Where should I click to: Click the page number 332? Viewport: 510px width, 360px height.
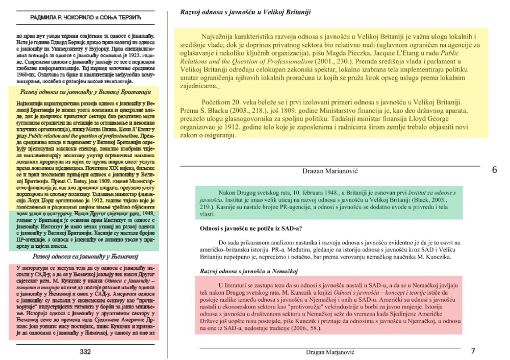(x=85, y=351)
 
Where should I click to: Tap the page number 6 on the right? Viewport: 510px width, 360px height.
(x=494, y=170)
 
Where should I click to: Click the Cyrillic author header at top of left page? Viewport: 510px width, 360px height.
(x=85, y=18)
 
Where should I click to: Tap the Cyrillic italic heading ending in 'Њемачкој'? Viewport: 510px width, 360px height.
(x=85, y=256)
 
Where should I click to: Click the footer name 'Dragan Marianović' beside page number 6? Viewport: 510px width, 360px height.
(x=334, y=171)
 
